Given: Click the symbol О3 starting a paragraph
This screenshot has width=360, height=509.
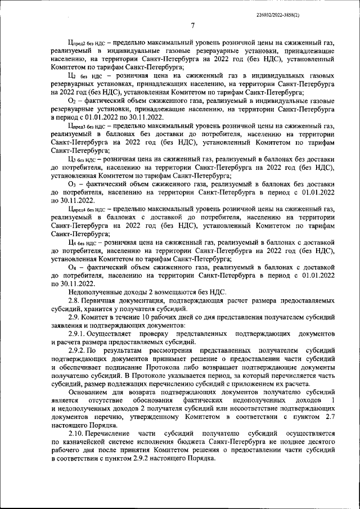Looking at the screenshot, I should [72, 183].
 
